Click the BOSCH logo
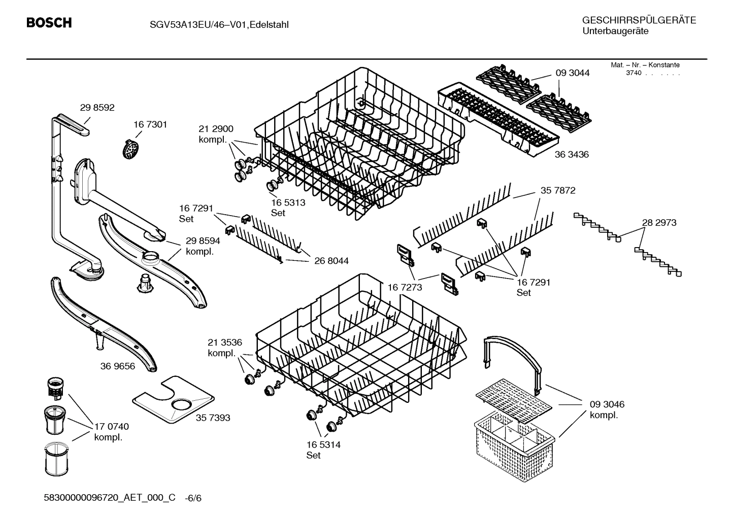[49, 23]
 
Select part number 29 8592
[97, 108]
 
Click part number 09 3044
[573, 73]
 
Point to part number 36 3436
[572, 154]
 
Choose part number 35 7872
[558, 191]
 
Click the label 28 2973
[659, 222]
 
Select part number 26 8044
[331, 261]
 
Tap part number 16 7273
[405, 288]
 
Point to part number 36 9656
[118, 366]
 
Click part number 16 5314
[323, 445]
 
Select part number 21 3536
[224, 342]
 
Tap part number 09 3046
[607, 404]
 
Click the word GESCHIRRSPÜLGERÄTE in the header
[639, 20]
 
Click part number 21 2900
[216, 129]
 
